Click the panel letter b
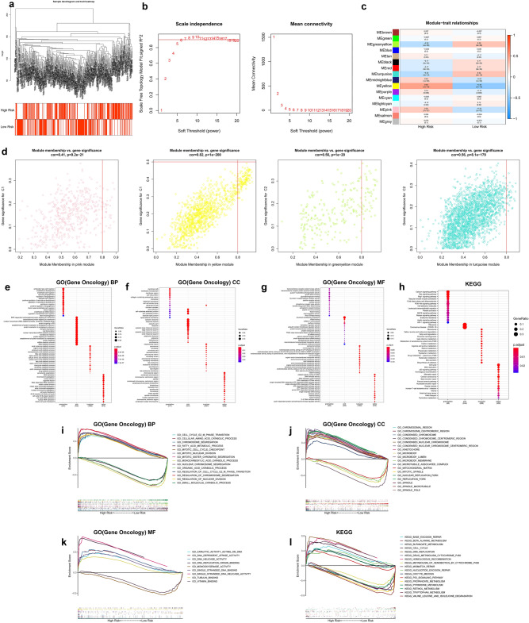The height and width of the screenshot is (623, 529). pyautogui.click(x=143, y=6)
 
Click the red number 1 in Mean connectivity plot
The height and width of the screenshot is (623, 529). pyautogui.click(x=274, y=37)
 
